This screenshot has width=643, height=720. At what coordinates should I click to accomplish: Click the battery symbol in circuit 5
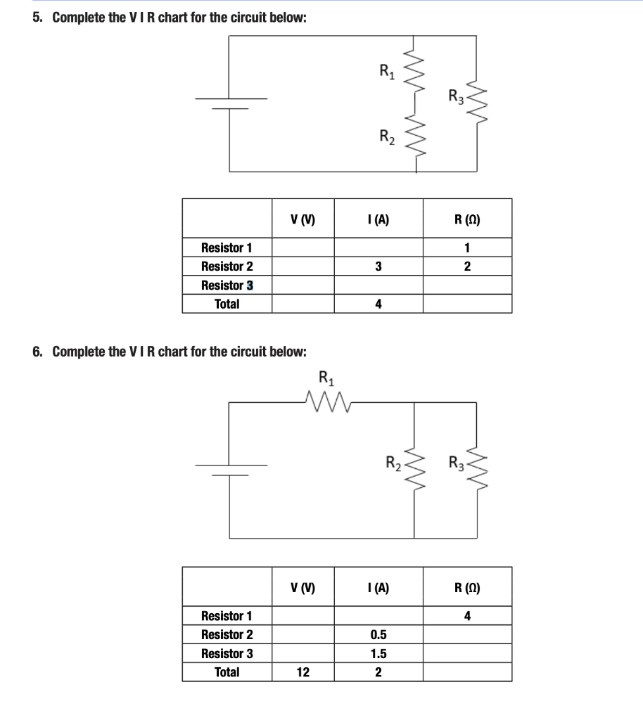point(231,103)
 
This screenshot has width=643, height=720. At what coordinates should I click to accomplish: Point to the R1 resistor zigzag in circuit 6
point(328,401)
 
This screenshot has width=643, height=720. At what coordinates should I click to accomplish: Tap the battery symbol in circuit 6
point(231,470)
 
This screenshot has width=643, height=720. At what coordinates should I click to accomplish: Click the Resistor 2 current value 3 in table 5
point(378,266)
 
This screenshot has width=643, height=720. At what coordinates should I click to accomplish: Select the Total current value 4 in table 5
point(378,304)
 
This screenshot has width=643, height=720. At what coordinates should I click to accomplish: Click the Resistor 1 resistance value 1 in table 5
point(467,248)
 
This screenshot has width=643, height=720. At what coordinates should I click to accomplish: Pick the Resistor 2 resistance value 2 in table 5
point(467,266)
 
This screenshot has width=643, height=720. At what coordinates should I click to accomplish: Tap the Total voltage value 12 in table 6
point(303,672)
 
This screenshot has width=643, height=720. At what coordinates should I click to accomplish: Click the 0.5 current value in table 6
point(378,635)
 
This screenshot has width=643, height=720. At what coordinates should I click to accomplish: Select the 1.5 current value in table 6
point(378,653)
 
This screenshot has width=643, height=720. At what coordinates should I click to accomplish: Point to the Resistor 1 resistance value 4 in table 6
point(467,616)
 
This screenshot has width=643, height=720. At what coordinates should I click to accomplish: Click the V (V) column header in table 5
point(303,219)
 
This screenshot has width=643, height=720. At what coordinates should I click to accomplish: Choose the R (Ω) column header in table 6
point(467,588)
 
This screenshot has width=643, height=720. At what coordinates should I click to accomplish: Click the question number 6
point(37,352)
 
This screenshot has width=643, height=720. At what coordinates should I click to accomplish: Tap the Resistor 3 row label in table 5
point(227,285)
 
